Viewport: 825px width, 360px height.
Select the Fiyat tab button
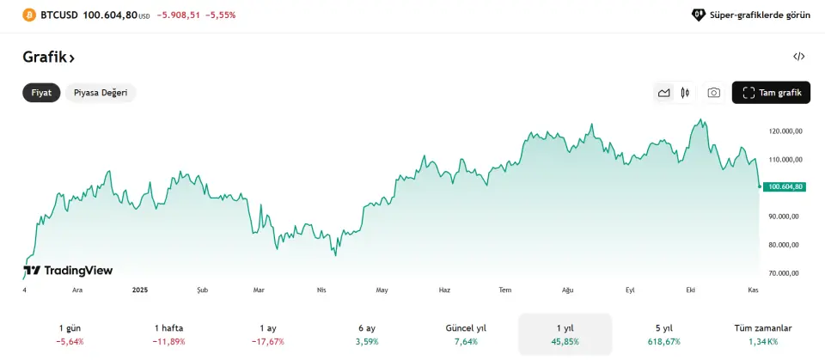41,93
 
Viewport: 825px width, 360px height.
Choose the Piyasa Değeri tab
101,93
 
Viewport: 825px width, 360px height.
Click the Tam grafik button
771,93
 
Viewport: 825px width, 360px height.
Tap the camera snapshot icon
713,93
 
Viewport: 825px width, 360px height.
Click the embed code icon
799,57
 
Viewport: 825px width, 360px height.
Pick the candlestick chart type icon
685,93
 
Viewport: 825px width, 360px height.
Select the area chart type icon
663,93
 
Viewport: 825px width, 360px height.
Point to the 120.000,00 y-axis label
785,131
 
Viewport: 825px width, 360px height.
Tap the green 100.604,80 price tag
785,186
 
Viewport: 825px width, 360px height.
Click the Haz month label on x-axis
444,290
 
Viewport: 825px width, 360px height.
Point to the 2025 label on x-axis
141,290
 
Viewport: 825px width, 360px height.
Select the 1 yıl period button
565,334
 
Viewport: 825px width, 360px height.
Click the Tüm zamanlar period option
763,334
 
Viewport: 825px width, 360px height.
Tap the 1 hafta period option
168,334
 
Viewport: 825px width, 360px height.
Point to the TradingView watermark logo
68,271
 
